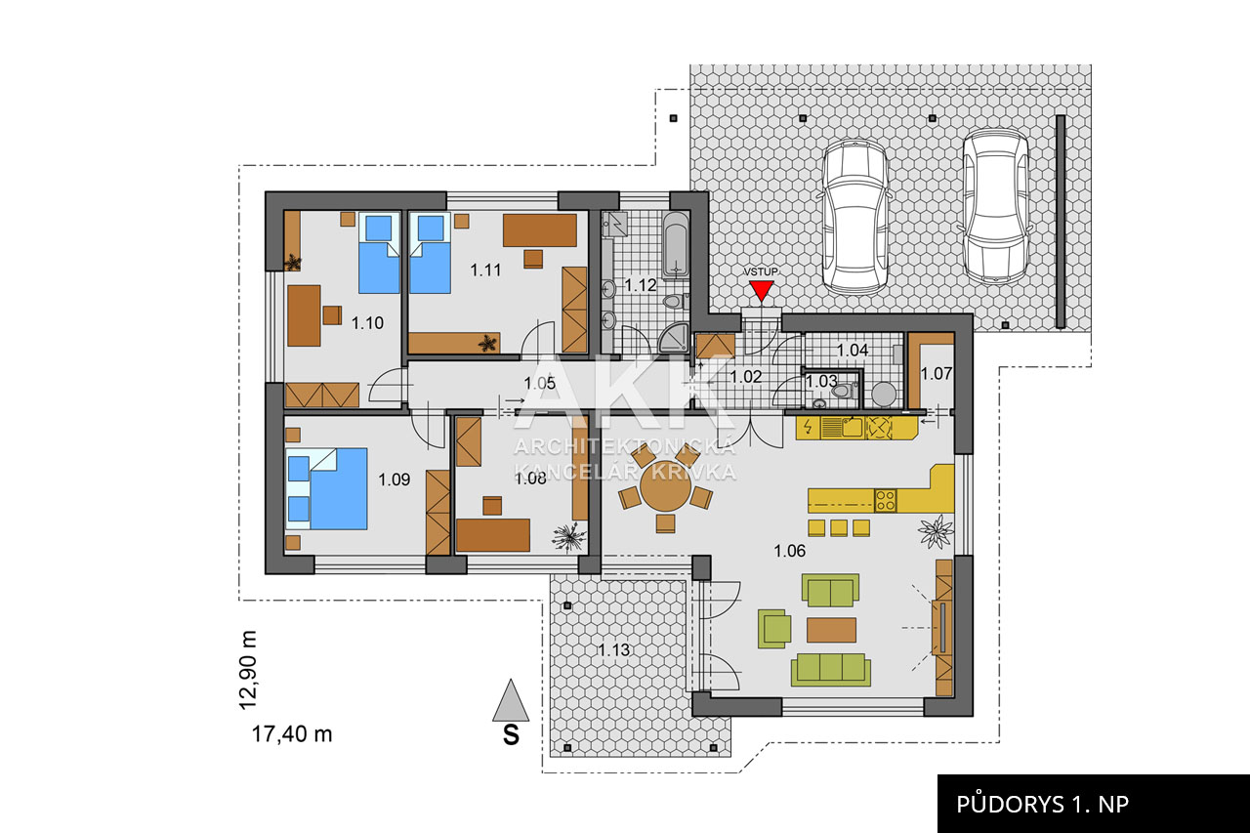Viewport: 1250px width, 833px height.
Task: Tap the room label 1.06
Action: coord(790,551)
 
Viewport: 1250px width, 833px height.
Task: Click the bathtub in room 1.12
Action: coord(677,244)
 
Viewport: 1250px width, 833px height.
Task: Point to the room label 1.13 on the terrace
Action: coord(614,650)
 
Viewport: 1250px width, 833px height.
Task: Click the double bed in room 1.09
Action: coord(326,488)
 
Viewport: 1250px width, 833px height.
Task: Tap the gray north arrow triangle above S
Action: coord(510,700)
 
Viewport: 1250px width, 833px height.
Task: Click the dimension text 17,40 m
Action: coord(292,734)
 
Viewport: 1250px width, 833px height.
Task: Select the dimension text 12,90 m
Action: coord(248,670)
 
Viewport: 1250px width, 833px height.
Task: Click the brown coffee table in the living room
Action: coord(831,630)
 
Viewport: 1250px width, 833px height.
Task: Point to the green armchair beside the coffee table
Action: coord(774,629)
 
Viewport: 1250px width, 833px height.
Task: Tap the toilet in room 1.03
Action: coord(843,390)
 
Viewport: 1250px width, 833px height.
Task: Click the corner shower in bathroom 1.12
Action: coord(674,338)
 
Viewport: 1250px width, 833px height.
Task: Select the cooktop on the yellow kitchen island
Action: coord(885,500)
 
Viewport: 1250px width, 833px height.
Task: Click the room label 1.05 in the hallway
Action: coord(540,384)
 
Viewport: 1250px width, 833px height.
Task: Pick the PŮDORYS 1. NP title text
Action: coord(1042,804)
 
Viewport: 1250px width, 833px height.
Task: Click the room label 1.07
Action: coord(936,373)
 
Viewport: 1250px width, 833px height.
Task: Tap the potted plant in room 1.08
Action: coord(569,537)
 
